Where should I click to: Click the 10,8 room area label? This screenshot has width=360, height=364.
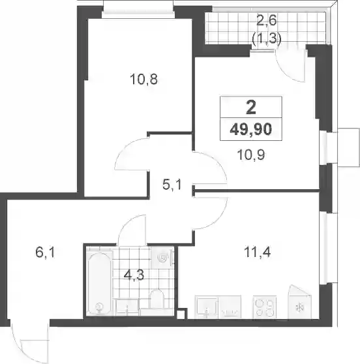(x=143, y=79)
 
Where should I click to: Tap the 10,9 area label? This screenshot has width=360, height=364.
(x=251, y=155)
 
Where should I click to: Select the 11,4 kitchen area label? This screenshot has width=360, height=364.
(x=257, y=252)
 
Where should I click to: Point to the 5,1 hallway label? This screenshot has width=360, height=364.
(x=172, y=185)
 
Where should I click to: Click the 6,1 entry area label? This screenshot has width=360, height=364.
(x=45, y=252)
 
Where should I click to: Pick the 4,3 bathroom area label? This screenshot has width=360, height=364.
(x=134, y=275)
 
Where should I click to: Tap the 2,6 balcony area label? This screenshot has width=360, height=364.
(x=267, y=20)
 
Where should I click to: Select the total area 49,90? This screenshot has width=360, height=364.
(x=251, y=129)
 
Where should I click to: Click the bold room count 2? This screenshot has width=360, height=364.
(x=251, y=108)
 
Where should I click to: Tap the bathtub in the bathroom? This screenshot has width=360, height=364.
(x=100, y=284)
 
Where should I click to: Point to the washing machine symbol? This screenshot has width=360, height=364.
(x=162, y=258)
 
